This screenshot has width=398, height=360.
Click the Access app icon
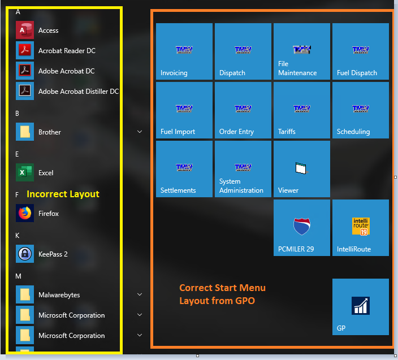pos(25,30)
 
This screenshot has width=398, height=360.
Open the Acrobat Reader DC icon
pos(25,50)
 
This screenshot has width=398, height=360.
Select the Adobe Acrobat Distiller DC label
pos(79,92)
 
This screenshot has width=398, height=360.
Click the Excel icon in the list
pos(25,172)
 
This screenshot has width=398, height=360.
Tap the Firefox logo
pos(25,213)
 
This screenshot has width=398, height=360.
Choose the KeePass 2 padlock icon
pos(25,254)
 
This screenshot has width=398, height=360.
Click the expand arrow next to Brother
pos(140,132)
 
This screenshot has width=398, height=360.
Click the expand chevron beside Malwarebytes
pos(140,294)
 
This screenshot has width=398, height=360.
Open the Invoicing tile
pos(184,51)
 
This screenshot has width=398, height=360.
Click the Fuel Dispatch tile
pos(361,51)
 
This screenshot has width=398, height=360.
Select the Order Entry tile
pos(243,110)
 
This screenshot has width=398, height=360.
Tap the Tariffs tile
pos(302,110)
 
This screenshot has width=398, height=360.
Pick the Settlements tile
pos(184,169)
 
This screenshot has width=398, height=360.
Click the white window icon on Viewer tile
pos(301,168)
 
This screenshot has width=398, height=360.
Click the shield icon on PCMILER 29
pos(302,226)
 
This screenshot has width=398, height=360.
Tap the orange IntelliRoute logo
pos(361,226)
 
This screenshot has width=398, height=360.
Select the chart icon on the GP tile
pos(361,306)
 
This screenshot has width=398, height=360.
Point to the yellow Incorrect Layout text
pos(63,194)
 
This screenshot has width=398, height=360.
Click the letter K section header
pos(18,236)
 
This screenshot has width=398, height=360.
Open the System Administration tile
pos(243,169)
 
